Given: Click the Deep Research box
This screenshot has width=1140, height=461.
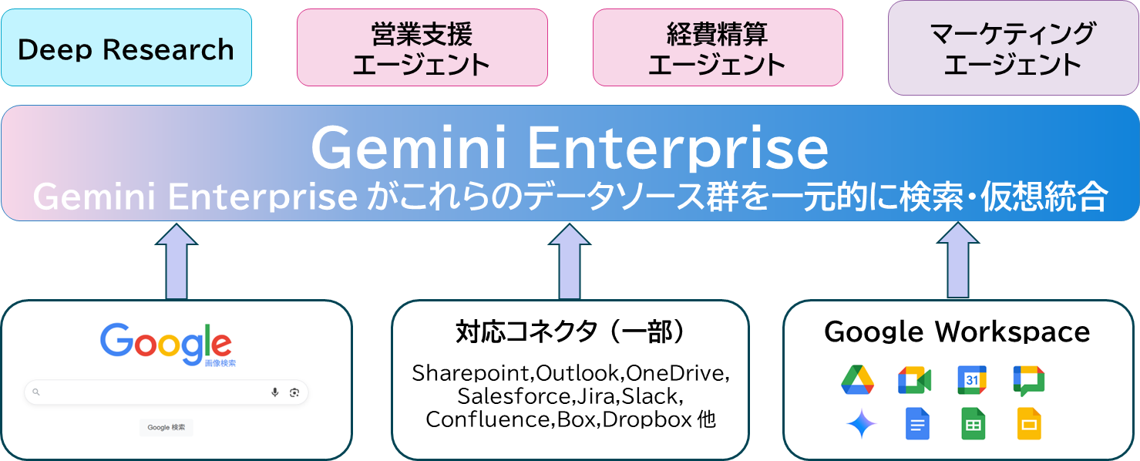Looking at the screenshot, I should click(126, 49).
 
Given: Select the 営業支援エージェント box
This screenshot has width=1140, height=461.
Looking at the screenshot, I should click(422, 48).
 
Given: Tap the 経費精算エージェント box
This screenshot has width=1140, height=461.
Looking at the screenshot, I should click(717, 48).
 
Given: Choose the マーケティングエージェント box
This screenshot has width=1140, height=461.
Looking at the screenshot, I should click(1013, 48).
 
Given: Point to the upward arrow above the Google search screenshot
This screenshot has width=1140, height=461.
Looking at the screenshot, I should click(177, 262).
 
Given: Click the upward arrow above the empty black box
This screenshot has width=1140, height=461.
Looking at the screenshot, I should click(570, 262).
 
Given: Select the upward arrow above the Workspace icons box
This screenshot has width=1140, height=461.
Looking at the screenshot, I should click(958, 262).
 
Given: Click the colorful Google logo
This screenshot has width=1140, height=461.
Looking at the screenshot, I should click(166, 342).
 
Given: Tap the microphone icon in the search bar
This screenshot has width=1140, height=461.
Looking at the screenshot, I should click(274, 392).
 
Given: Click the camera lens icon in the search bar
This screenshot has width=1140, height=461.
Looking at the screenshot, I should click(294, 392).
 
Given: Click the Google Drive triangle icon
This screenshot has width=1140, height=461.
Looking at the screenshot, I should click(857, 380).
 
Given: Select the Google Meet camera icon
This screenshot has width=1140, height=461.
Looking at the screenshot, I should click(914, 380).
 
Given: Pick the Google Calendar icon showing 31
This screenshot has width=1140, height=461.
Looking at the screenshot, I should click(972, 380).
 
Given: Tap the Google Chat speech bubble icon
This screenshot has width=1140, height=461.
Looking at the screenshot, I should click(1029, 380).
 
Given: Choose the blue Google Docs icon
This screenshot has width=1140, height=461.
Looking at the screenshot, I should click(917, 424).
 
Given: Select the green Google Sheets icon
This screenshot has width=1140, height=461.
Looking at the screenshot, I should click(973, 424).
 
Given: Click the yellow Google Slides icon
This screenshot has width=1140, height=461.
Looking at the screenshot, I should click(1029, 424).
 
